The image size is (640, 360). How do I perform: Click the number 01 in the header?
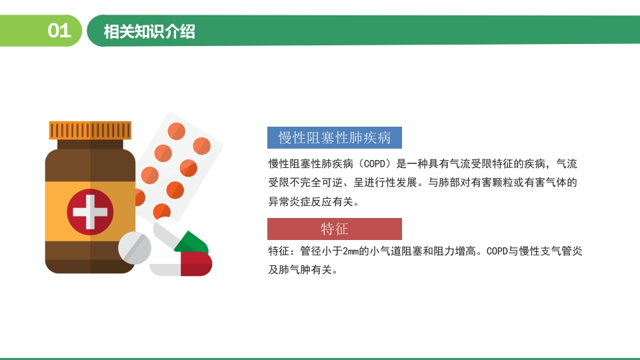[x=59, y=31]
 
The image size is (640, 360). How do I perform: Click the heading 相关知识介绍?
[x=149, y=31]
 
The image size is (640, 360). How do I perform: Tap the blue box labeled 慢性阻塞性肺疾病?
[x=335, y=137]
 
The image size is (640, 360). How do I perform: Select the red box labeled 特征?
[x=335, y=229]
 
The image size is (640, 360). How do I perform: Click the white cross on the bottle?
[x=90, y=212]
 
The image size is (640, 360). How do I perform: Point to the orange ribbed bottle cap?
[x=90, y=130]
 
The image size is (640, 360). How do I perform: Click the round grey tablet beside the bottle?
[x=135, y=247]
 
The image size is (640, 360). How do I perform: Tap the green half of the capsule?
[x=193, y=243]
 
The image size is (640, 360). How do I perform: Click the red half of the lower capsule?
[x=196, y=264]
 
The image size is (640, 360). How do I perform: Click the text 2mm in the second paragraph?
[x=350, y=251]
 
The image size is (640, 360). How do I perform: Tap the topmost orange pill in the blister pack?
[x=176, y=131]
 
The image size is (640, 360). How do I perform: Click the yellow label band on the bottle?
[x=90, y=211]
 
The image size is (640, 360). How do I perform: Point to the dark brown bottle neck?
[x=90, y=144]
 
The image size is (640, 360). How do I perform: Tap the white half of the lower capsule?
[x=165, y=270]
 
